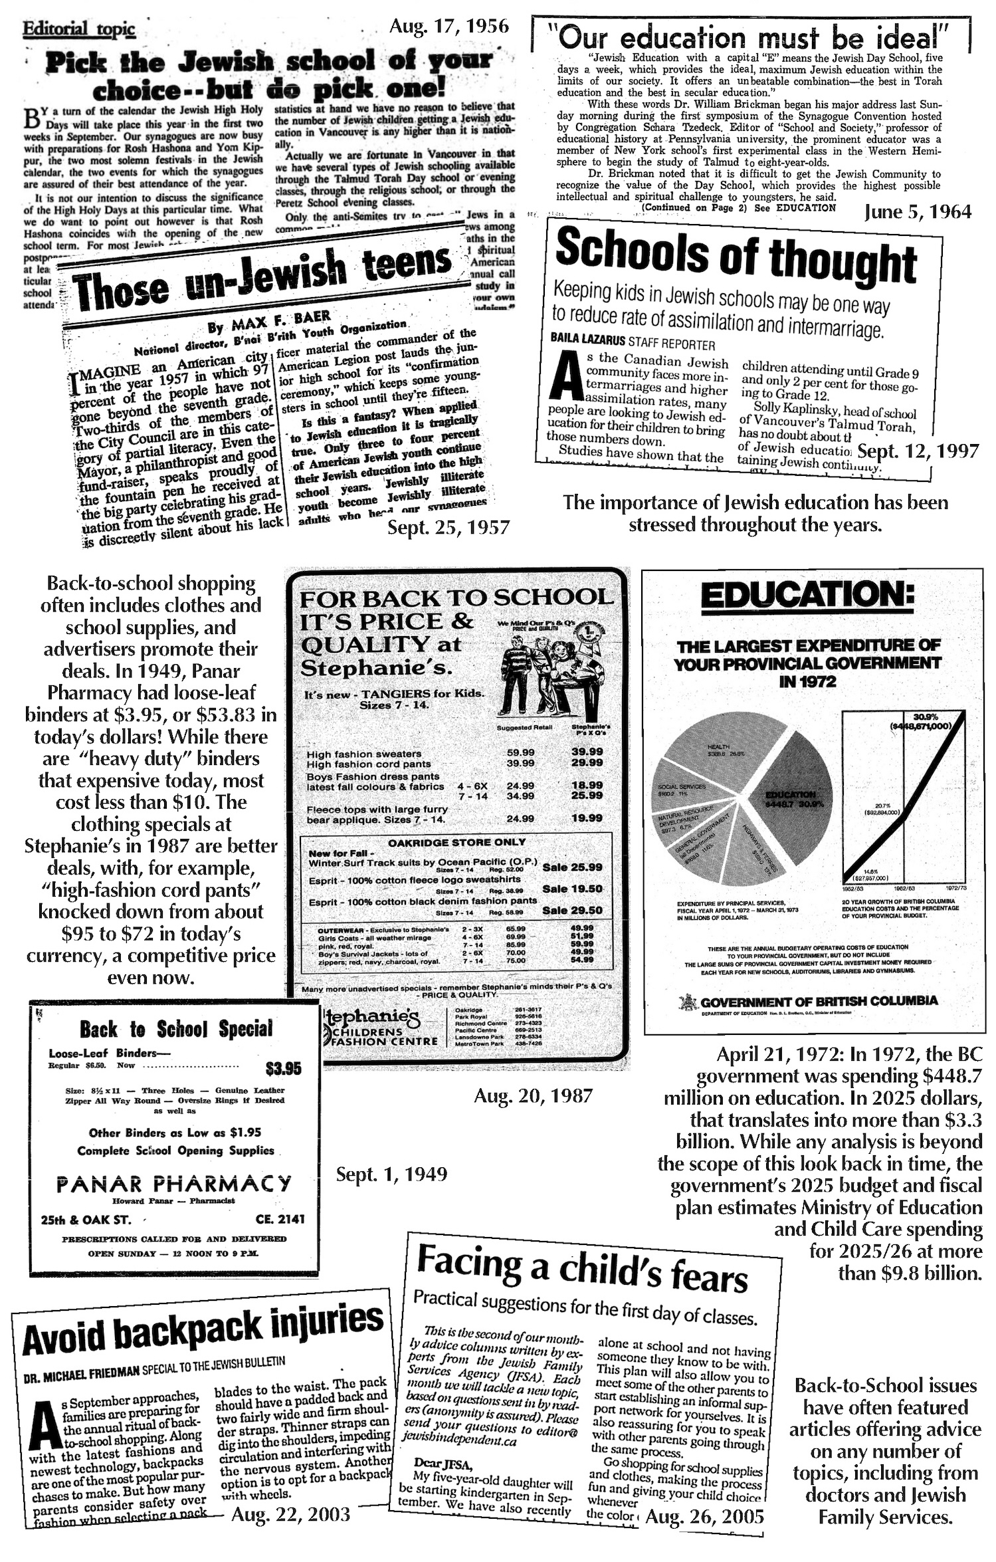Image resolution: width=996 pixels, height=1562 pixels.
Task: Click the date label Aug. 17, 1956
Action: pos(449,27)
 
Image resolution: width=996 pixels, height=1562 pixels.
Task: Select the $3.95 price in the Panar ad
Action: pos(283,1068)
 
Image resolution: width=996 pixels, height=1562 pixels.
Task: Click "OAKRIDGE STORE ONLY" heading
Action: pos(456,841)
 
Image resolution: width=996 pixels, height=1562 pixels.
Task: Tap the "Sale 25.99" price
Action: pos(572,867)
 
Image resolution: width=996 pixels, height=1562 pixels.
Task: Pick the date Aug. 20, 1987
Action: pos(533,1096)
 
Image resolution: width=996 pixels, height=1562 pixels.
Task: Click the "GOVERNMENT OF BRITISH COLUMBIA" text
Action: pos(819,1000)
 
